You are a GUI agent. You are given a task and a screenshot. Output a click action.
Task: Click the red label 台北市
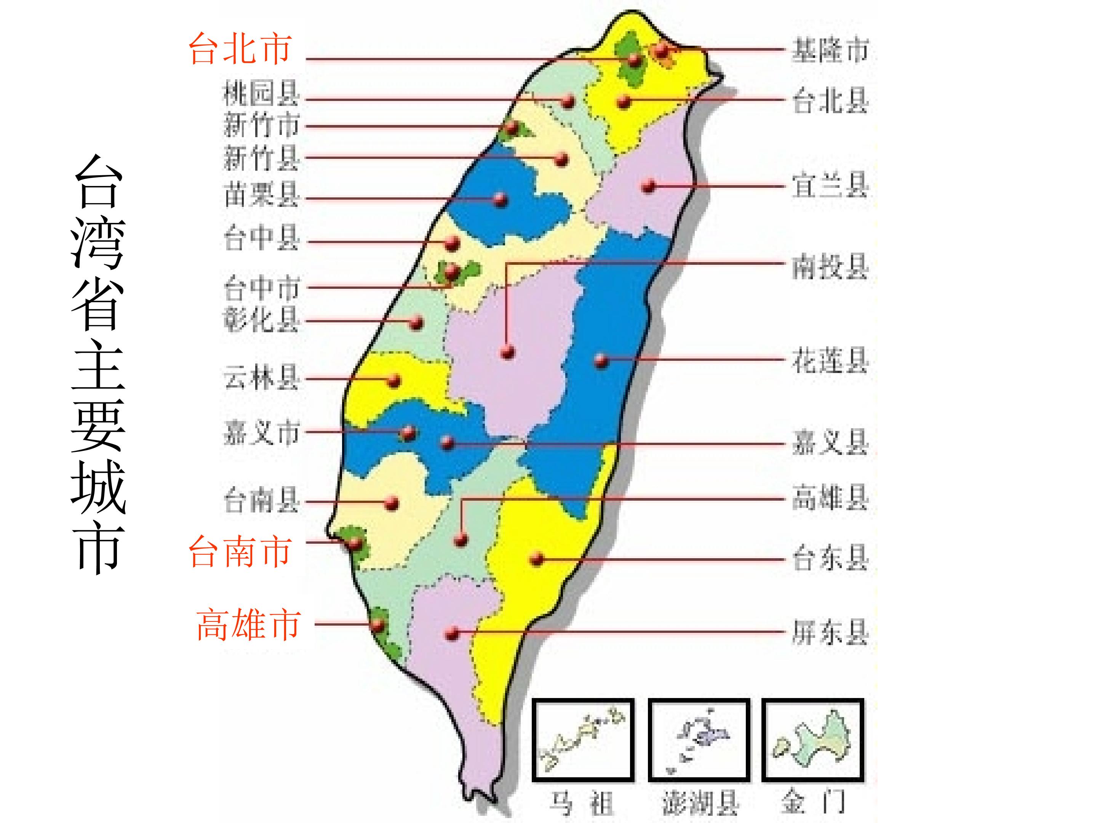240,50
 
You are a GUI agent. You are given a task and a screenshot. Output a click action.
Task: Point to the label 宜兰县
830,186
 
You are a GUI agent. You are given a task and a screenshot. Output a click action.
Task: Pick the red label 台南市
240,552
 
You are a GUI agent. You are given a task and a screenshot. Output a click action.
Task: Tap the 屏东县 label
830,632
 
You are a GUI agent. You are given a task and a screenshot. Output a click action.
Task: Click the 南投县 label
830,267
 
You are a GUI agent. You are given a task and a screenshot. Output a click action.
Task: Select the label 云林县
261,378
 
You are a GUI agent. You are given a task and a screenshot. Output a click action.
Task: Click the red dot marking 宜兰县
649,187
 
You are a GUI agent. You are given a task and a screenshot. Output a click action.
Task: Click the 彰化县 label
261,319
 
